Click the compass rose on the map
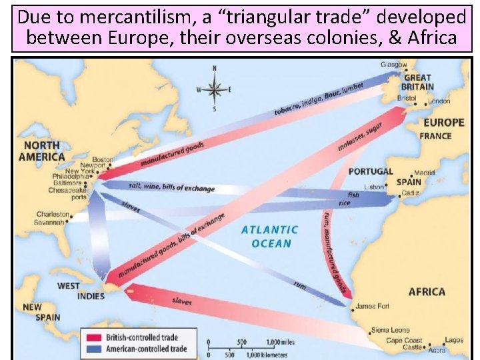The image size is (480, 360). tap(214, 89)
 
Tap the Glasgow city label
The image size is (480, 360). tap(393, 65)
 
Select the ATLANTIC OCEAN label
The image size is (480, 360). tap(270, 236)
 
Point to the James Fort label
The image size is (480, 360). tap(373, 307)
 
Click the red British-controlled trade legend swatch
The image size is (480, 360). tap(91, 337)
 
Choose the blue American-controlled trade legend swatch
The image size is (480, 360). tap(91, 348)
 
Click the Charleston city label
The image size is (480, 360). tap(53, 215)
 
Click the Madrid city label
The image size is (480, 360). tap(424, 173)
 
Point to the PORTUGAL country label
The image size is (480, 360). tap(371, 172)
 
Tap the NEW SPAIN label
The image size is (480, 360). tap(41, 313)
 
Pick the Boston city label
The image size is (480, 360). tap(103, 159)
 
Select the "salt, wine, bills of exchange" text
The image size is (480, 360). tap(171, 187)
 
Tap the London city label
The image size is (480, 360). tap(439, 101)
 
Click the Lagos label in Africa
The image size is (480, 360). tap(454, 340)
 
